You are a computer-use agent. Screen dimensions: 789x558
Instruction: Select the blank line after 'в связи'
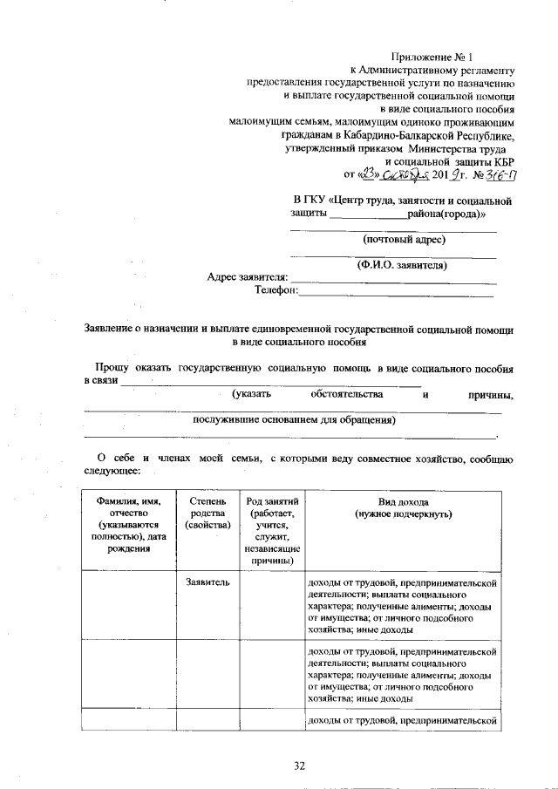(x=270, y=384)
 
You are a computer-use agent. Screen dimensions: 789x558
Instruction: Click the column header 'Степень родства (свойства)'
(x=207, y=514)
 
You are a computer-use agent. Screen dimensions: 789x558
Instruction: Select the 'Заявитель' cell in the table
(x=207, y=582)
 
